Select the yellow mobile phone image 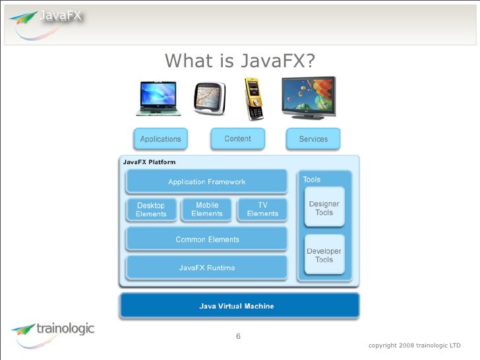[254, 99]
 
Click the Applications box [160, 139]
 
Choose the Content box [237, 138]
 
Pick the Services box [313, 139]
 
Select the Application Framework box [206, 181]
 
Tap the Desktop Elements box [151, 210]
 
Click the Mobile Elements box [207, 209]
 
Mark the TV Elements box [262, 209]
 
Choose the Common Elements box [207, 239]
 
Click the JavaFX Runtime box [206, 268]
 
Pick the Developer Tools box [324, 255]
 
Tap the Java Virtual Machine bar [238, 306]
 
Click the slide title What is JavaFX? [240, 61]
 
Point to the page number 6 [239, 337]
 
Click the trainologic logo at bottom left [53, 330]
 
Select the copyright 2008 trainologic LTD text [415, 345]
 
